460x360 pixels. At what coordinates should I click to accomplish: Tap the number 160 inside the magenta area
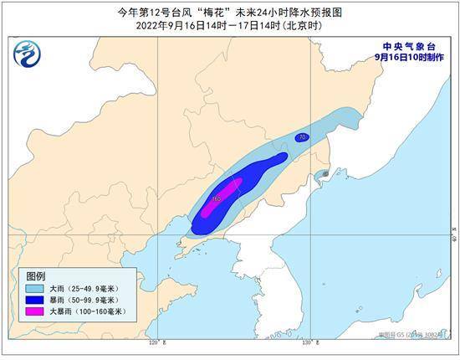(216, 198)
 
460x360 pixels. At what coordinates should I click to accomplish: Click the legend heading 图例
(35, 275)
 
